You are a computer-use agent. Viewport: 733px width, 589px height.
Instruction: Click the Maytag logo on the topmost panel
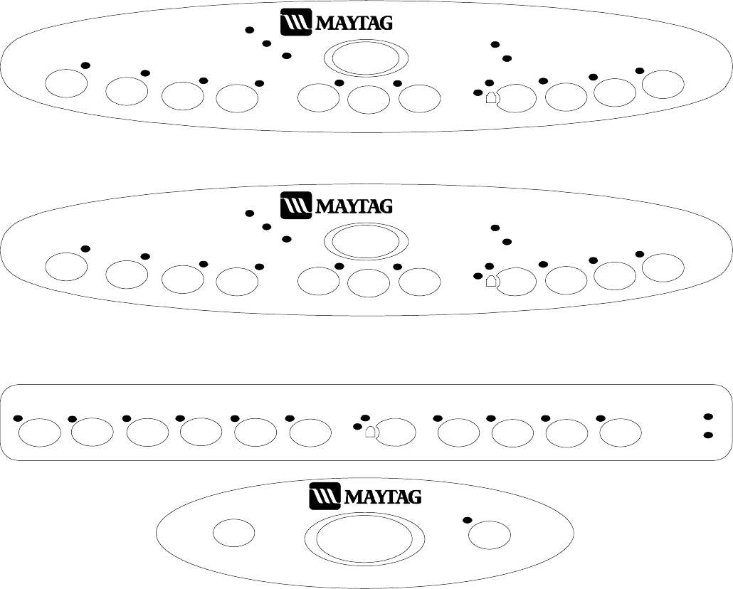[x=337, y=22]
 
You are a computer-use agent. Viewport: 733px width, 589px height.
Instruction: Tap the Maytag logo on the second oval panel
[x=337, y=206]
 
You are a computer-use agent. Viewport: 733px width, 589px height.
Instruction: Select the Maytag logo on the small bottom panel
[x=365, y=496]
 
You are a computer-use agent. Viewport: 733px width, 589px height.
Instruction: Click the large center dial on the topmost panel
[x=365, y=59]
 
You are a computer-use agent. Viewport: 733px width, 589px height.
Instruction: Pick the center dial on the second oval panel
[x=365, y=243]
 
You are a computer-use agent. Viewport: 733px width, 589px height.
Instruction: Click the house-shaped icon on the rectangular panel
[x=370, y=431]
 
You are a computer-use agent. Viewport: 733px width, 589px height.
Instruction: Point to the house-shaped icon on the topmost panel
[x=491, y=98]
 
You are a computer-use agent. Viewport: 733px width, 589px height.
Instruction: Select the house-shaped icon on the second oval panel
[x=491, y=282]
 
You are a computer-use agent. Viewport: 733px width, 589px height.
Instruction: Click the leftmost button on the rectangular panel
[x=38, y=432]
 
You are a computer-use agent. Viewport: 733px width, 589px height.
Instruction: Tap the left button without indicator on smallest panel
[x=234, y=533]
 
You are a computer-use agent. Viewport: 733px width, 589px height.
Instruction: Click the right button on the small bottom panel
[x=490, y=535]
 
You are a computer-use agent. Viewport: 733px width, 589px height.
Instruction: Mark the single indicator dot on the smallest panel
[x=468, y=520]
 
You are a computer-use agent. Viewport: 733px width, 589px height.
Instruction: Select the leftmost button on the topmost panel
[x=65, y=83]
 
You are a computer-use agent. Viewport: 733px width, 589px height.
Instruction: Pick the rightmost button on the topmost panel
[x=663, y=84]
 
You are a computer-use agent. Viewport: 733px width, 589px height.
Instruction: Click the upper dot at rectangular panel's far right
[x=708, y=417]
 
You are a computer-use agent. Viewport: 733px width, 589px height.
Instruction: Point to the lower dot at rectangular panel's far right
[x=708, y=435]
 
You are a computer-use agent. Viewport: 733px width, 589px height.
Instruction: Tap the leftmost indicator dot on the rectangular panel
[x=19, y=418]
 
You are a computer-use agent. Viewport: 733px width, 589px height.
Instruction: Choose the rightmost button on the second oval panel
[x=663, y=267]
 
